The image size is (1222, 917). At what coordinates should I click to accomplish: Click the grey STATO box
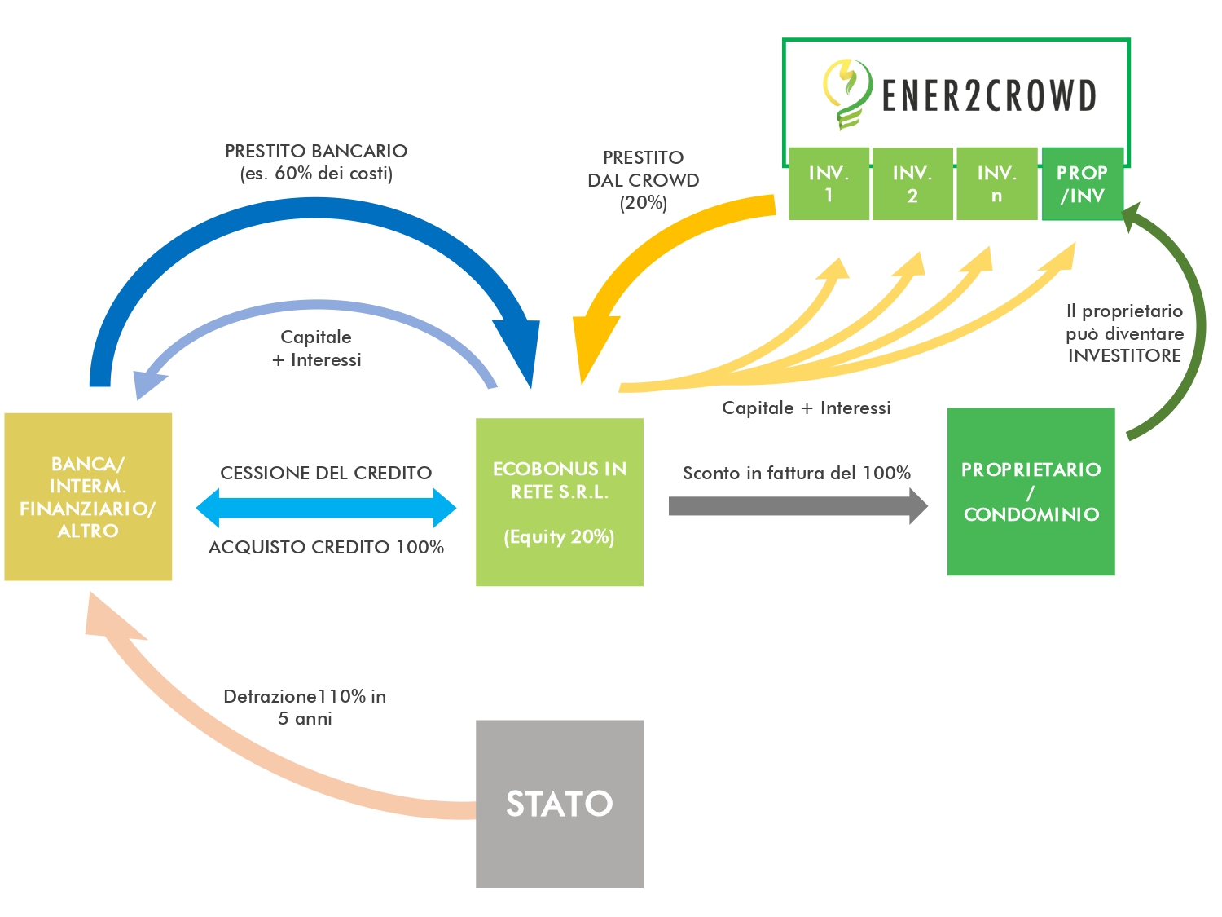tap(559, 803)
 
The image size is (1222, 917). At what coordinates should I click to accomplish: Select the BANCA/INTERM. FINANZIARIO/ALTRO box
tap(88, 496)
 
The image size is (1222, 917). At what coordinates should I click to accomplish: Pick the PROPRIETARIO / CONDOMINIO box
tap(1031, 492)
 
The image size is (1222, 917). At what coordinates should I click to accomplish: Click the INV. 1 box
tap(829, 183)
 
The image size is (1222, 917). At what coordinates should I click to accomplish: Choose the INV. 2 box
tap(912, 183)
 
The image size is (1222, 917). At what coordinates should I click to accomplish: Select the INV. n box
tap(996, 183)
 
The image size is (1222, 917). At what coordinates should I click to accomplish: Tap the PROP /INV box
tap(1082, 183)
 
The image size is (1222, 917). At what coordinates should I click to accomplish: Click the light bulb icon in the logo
tap(847, 93)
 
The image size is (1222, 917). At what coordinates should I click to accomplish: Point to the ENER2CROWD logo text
tap(989, 95)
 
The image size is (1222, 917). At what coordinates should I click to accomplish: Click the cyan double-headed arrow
tap(326, 508)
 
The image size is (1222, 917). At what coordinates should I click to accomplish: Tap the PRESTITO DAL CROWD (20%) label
tap(644, 179)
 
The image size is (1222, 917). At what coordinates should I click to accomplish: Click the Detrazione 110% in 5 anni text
tap(305, 707)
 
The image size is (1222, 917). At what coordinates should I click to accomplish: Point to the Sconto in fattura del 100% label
tap(796, 473)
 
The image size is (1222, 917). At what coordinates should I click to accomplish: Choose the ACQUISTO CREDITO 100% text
tap(326, 547)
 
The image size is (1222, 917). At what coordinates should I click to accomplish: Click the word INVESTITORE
tap(1124, 355)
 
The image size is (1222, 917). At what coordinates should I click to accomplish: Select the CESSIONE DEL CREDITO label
tap(326, 473)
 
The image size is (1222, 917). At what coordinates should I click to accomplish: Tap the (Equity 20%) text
tap(559, 536)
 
